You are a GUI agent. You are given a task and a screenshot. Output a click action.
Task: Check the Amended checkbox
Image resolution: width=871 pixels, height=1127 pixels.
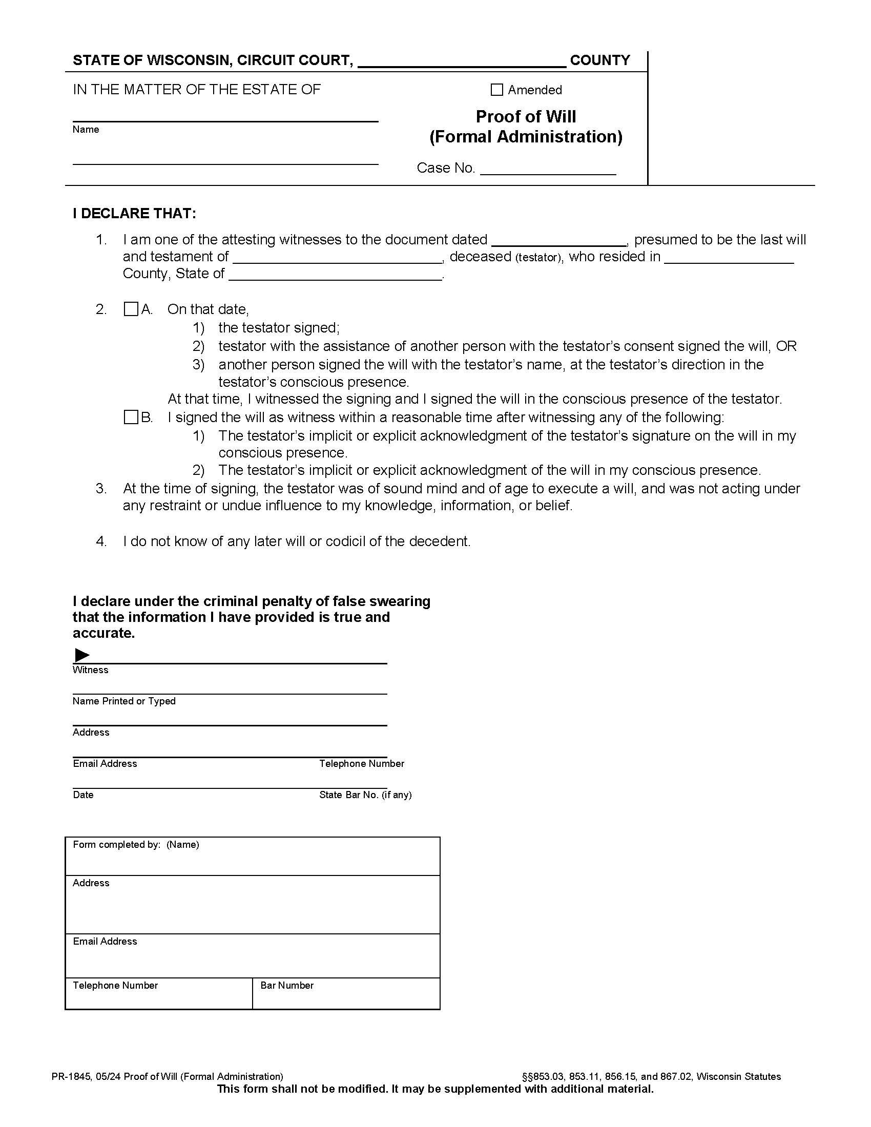(496, 90)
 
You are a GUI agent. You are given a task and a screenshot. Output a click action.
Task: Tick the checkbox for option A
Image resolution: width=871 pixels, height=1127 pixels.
(131, 309)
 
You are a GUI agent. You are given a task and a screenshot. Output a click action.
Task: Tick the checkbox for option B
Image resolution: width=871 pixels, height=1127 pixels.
(131, 417)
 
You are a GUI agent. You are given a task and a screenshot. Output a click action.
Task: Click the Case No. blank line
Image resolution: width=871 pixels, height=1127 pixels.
(548, 169)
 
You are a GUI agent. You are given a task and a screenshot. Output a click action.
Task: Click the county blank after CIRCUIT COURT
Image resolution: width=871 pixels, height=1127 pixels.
(462, 61)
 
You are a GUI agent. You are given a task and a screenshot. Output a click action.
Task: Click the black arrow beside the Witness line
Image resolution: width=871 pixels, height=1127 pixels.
(82, 655)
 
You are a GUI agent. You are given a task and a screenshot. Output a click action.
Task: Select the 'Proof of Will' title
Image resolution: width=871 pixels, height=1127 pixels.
(525, 117)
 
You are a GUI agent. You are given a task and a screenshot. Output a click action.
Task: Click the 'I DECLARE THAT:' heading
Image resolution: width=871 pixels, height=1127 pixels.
(134, 214)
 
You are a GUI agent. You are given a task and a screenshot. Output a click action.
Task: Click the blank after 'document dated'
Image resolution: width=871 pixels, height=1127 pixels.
(559, 240)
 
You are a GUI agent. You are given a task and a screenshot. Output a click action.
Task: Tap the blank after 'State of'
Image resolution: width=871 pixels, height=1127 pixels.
(336, 274)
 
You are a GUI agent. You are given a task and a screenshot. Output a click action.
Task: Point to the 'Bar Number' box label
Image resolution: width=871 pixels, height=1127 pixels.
(287, 985)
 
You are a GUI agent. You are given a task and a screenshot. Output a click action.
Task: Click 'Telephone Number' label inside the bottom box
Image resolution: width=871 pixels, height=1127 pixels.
(115, 985)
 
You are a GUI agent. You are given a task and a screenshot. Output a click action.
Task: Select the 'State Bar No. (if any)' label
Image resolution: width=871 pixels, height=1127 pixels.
(365, 795)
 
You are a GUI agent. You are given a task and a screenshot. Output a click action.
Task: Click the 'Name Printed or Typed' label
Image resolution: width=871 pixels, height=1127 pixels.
(124, 701)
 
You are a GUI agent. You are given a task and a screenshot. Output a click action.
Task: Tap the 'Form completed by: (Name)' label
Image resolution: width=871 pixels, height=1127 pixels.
(136, 844)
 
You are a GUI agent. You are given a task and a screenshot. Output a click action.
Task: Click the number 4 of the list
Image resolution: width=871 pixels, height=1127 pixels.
(101, 541)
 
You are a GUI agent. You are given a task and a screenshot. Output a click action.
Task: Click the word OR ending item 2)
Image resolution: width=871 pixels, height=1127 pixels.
(786, 346)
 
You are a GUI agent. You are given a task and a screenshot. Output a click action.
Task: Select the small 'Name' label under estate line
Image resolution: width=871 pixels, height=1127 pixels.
(86, 129)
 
